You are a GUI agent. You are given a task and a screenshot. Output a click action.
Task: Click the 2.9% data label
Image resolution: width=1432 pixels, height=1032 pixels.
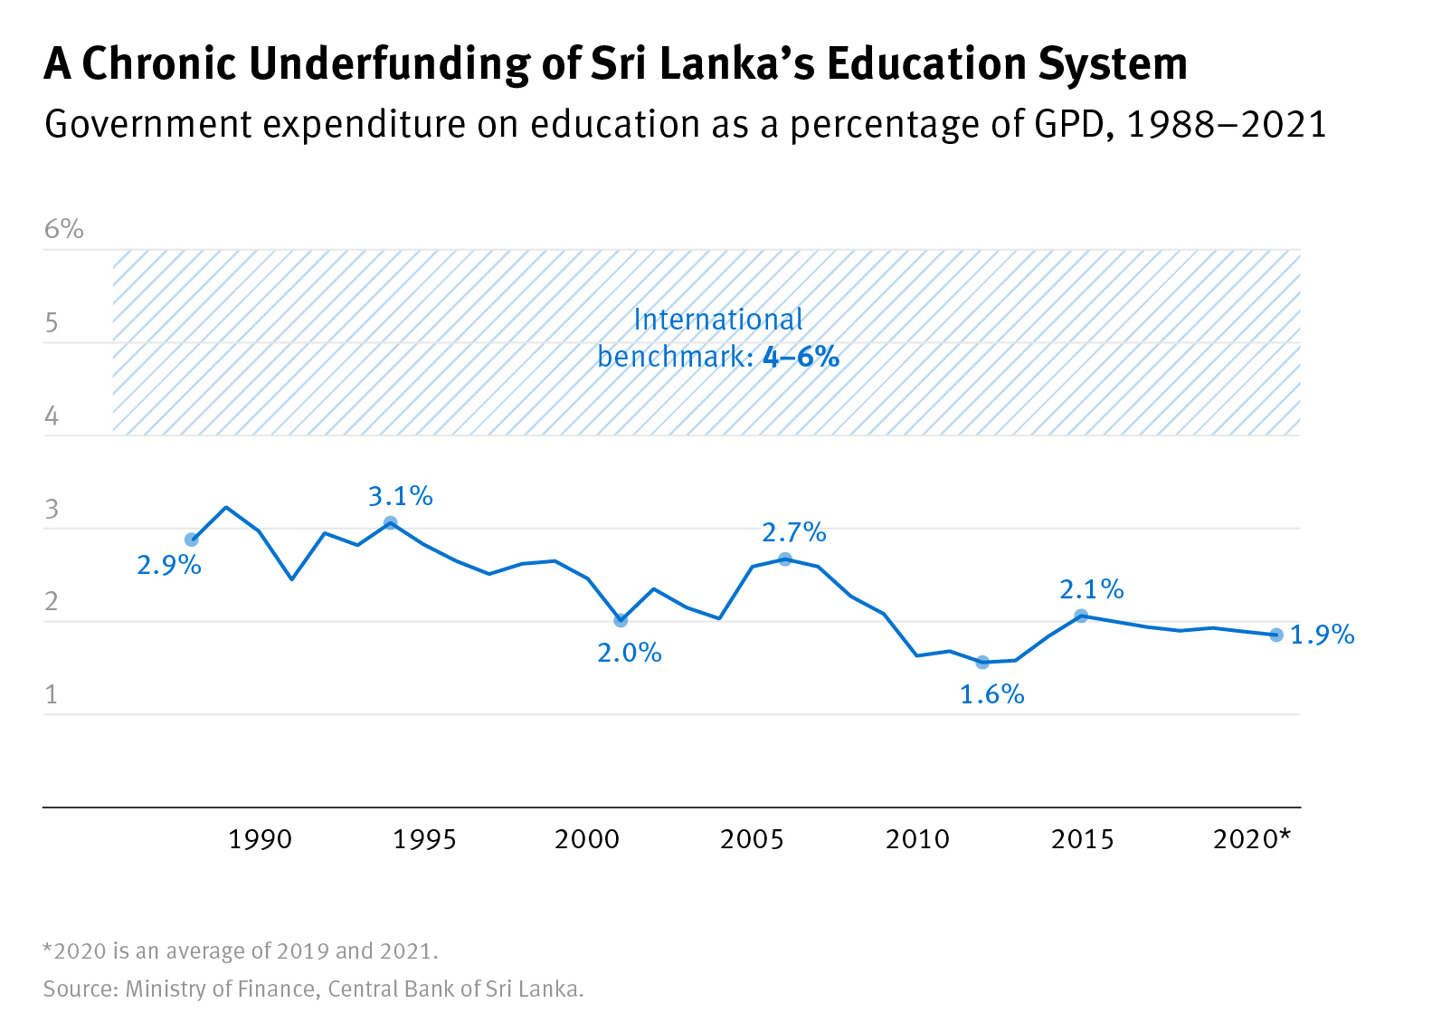(x=168, y=566)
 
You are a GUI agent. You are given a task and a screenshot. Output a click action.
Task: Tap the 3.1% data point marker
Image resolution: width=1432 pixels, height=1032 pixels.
(x=391, y=522)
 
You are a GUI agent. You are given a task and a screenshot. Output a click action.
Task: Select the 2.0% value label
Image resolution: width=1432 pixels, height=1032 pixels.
(x=629, y=653)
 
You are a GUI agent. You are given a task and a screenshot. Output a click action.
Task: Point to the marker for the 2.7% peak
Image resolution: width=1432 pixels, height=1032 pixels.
(x=785, y=559)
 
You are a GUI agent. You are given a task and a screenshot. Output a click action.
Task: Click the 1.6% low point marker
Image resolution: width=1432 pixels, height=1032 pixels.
(x=982, y=662)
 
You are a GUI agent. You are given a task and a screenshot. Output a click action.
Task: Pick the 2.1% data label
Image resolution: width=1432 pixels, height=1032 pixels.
(x=1091, y=590)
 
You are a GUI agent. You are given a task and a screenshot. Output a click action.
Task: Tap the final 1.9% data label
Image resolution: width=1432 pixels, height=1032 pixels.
(x=1322, y=635)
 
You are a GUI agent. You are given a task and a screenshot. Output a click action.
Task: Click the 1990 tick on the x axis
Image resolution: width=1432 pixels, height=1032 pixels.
(x=260, y=840)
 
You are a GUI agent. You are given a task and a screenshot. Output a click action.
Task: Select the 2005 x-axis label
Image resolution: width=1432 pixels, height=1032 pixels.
(x=752, y=840)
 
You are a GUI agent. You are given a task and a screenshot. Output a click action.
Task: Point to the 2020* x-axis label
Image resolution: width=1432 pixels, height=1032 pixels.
(x=1252, y=840)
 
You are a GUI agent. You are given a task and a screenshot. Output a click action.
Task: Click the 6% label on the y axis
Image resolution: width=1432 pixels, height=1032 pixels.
(x=64, y=230)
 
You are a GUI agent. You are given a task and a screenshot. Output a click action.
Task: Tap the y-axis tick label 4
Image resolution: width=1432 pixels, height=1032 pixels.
(x=52, y=416)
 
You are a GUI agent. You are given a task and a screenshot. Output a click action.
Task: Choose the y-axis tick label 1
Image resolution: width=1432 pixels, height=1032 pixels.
(x=52, y=695)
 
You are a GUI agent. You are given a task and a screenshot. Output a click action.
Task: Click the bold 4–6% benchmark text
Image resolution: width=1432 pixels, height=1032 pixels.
(x=801, y=357)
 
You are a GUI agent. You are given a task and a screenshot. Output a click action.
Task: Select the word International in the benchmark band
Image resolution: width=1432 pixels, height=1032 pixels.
(x=718, y=320)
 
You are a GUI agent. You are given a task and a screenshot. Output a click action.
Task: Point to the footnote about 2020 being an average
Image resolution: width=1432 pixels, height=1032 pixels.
(x=241, y=951)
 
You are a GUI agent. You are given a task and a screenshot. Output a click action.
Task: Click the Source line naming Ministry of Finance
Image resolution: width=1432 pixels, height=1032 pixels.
(x=313, y=989)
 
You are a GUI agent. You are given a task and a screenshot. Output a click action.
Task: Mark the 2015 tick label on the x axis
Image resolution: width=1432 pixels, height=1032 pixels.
(x=1082, y=840)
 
